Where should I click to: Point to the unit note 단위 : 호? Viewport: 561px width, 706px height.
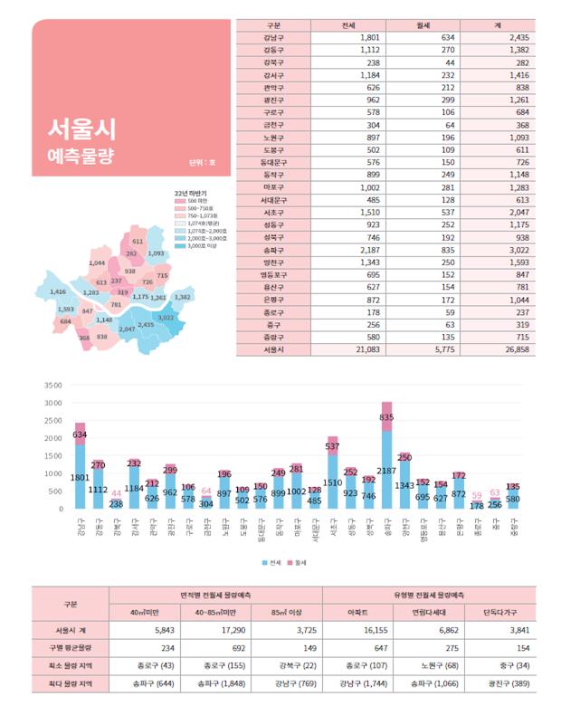195,165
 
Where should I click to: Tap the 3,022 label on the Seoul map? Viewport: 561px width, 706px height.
166,318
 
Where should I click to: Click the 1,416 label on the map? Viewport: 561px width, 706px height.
58,292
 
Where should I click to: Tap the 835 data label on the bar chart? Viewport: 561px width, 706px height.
386,417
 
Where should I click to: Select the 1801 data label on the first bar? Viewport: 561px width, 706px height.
80,477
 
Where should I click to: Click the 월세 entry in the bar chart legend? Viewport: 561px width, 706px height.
298,561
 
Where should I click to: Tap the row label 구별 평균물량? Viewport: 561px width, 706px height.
70,648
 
